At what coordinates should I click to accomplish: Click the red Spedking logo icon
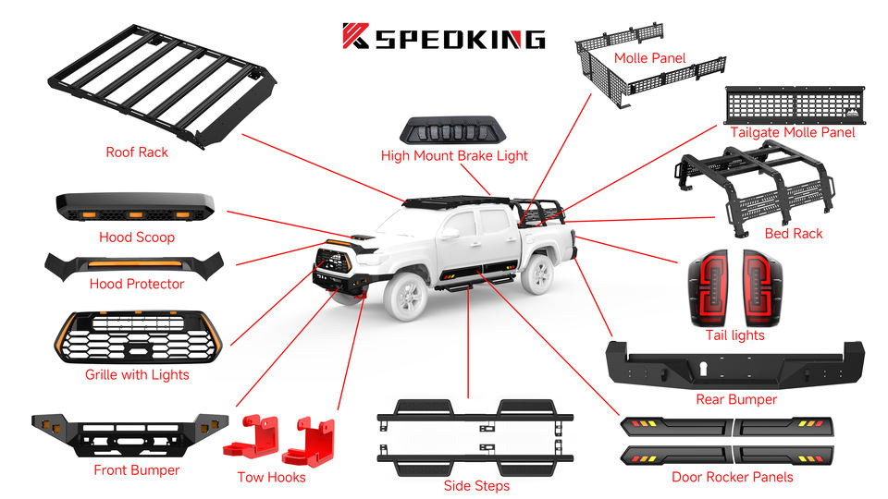pos(356,36)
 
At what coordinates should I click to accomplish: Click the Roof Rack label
pos(137,152)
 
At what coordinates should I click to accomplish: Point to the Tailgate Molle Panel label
pos(793,132)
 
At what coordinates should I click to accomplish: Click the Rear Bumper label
pos(736,399)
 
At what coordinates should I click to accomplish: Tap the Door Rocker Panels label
pos(732,477)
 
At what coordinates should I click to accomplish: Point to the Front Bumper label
pos(137,470)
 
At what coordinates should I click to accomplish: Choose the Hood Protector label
pos(137,284)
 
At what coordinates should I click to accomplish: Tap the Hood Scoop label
pos(137,237)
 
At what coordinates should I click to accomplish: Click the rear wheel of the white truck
pos(537,273)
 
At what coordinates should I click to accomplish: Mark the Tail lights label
pos(735,335)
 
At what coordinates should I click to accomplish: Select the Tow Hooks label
pos(271,477)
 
